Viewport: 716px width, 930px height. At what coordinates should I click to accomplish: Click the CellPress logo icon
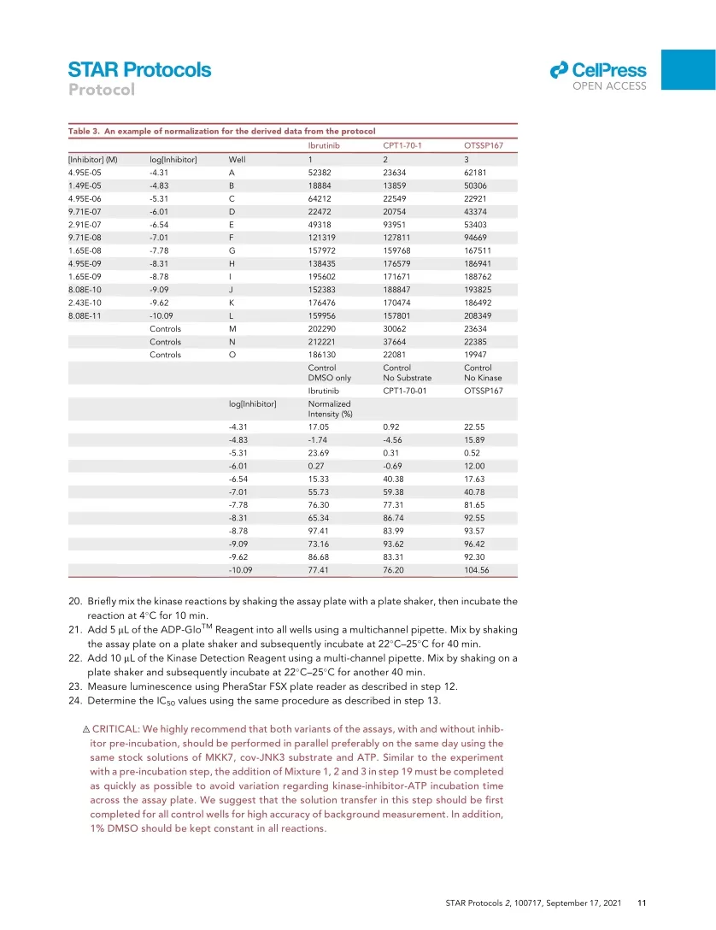[x=559, y=70]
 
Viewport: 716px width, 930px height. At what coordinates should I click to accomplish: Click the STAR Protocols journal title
[x=139, y=69]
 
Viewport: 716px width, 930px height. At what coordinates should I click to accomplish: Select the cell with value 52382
[x=320, y=172]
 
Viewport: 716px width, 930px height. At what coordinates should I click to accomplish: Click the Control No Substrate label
[x=407, y=373]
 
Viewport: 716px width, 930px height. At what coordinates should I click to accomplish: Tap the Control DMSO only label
[x=329, y=373]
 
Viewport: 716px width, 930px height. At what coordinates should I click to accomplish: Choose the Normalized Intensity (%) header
[x=330, y=409]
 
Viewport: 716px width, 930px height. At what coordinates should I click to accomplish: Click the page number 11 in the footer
[x=642, y=902]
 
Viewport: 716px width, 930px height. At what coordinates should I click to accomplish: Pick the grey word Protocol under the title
[x=102, y=90]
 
